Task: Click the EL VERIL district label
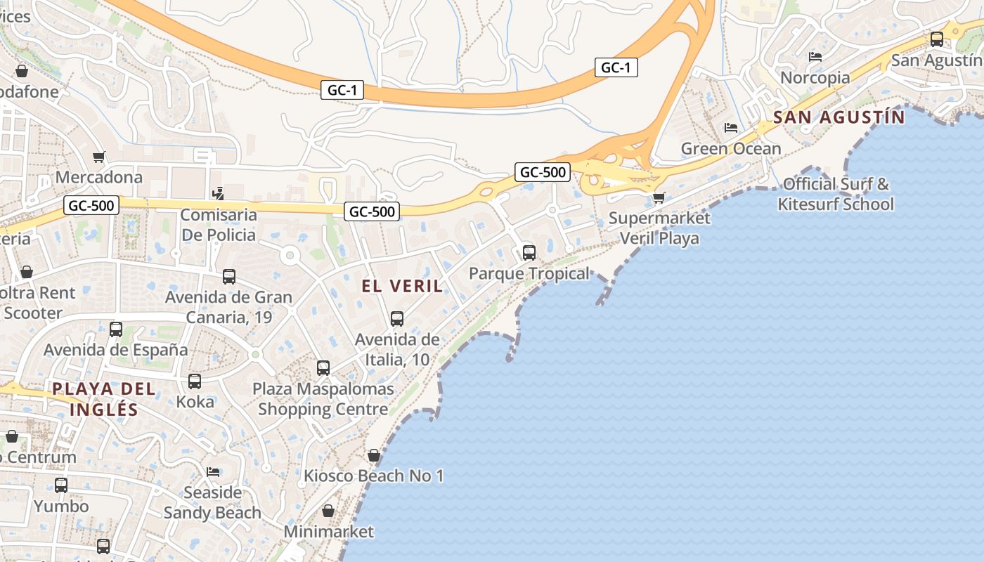pyautogui.click(x=402, y=286)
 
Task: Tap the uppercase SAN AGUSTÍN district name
pyautogui.click(x=839, y=117)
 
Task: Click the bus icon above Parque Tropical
pyautogui.click(x=529, y=253)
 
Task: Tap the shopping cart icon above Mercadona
pyautogui.click(x=99, y=157)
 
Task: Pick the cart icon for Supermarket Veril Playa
pyautogui.click(x=659, y=197)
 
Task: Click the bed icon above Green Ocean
pyautogui.click(x=731, y=128)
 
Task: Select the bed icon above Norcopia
pyautogui.click(x=815, y=57)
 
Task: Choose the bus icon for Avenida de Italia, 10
pyautogui.click(x=397, y=319)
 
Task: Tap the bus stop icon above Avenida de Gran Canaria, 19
pyautogui.click(x=229, y=277)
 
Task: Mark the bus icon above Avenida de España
pyautogui.click(x=116, y=329)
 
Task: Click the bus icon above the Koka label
pyautogui.click(x=195, y=381)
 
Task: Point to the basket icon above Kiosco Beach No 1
pyautogui.click(x=374, y=455)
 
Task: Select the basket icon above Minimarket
pyautogui.click(x=328, y=511)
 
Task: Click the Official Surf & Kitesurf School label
pyautogui.click(x=836, y=194)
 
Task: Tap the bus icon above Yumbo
pyautogui.click(x=61, y=485)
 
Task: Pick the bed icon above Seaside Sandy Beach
pyautogui.click(x=213, y=471)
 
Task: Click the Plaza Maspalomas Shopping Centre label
pyautogui.click(x=323, y=399)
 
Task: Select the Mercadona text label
pyautogui.click(x=99, y=177)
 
